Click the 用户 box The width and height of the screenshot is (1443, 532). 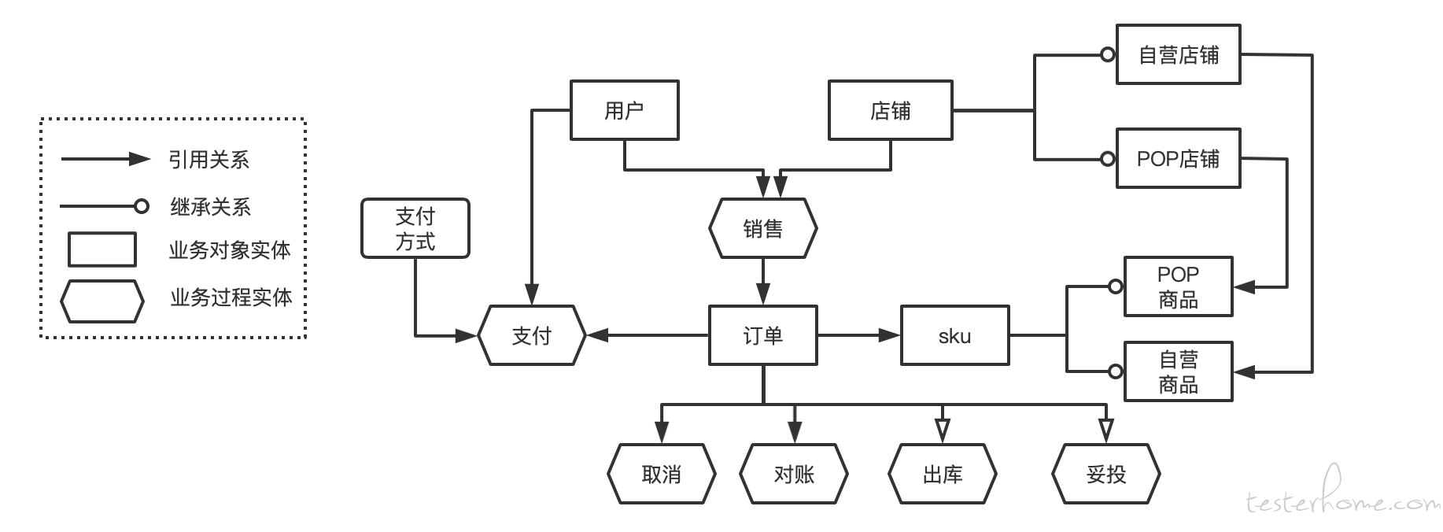coord(625,110)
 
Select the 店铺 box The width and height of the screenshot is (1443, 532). coord(891,110)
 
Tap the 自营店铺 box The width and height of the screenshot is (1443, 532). coord(1179,54)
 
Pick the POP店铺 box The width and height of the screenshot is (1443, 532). coord(1179,158)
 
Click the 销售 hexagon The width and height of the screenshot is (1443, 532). coord(763,228)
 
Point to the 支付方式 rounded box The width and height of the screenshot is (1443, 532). coord(415,228)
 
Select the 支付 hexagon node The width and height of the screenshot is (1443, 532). coord(532,335)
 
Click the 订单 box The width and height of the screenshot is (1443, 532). coord(763,335)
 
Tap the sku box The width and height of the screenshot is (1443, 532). coord(955,335)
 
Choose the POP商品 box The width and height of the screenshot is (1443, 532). coord(1179,286)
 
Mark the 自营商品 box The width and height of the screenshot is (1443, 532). coord(1179,371)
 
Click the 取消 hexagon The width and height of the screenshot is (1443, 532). coord(662,474)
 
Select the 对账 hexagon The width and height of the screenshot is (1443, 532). coord(795,474)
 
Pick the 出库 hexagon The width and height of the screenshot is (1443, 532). coord(943,474)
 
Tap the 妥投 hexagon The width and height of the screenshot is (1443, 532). coord(1106,474)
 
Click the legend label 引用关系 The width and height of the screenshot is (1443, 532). coord(209,160)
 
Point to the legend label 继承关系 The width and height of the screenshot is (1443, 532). coord(210,207)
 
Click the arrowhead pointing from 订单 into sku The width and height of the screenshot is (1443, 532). coord(890,335)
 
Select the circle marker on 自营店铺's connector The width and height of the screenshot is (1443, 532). coord(1108,55)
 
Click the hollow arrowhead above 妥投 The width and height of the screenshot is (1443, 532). coord(1106,430)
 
